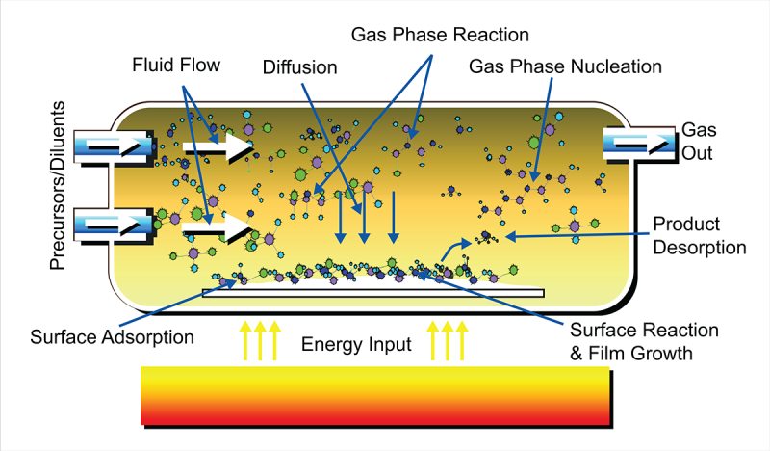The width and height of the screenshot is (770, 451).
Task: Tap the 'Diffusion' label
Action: click(300, 67)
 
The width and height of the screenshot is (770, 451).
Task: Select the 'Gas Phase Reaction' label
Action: click(440, 36)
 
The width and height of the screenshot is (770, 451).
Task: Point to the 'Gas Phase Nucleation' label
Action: click(566, 67)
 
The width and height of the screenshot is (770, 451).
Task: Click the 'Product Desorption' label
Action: click(699, 236)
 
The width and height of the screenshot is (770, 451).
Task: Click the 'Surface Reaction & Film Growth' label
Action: click(630, 342)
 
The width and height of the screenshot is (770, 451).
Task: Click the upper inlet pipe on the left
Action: click(115, 146)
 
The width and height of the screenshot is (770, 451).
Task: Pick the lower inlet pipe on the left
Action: click(115, 225)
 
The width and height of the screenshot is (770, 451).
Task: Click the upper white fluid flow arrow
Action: click(218, 147)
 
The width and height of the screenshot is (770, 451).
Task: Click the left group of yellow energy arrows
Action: click(260, 340)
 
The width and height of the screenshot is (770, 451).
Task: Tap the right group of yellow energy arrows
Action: click(449, 340)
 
